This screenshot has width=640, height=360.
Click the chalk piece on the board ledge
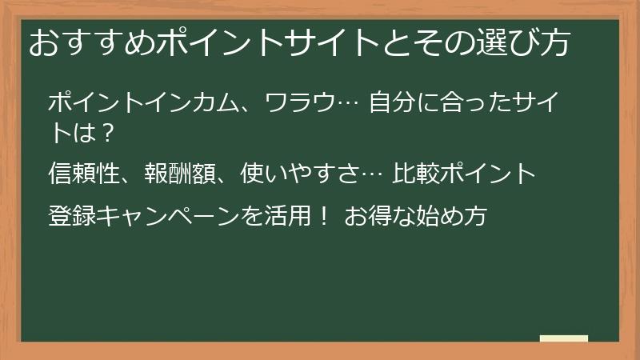click(563, 338)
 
